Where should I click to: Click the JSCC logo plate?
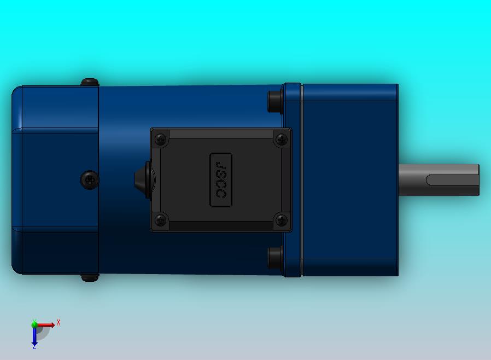[221, 180]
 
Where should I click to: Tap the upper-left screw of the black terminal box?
[161, 140]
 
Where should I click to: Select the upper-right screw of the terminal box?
[281, 140]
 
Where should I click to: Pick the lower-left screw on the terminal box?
[161, 220]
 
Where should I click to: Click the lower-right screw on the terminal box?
[281, 220]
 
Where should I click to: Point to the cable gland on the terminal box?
[143, 180]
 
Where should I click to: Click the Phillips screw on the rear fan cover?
[90, 180]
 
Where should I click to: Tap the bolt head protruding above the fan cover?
[90, 82]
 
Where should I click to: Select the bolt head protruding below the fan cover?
[90, 278]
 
